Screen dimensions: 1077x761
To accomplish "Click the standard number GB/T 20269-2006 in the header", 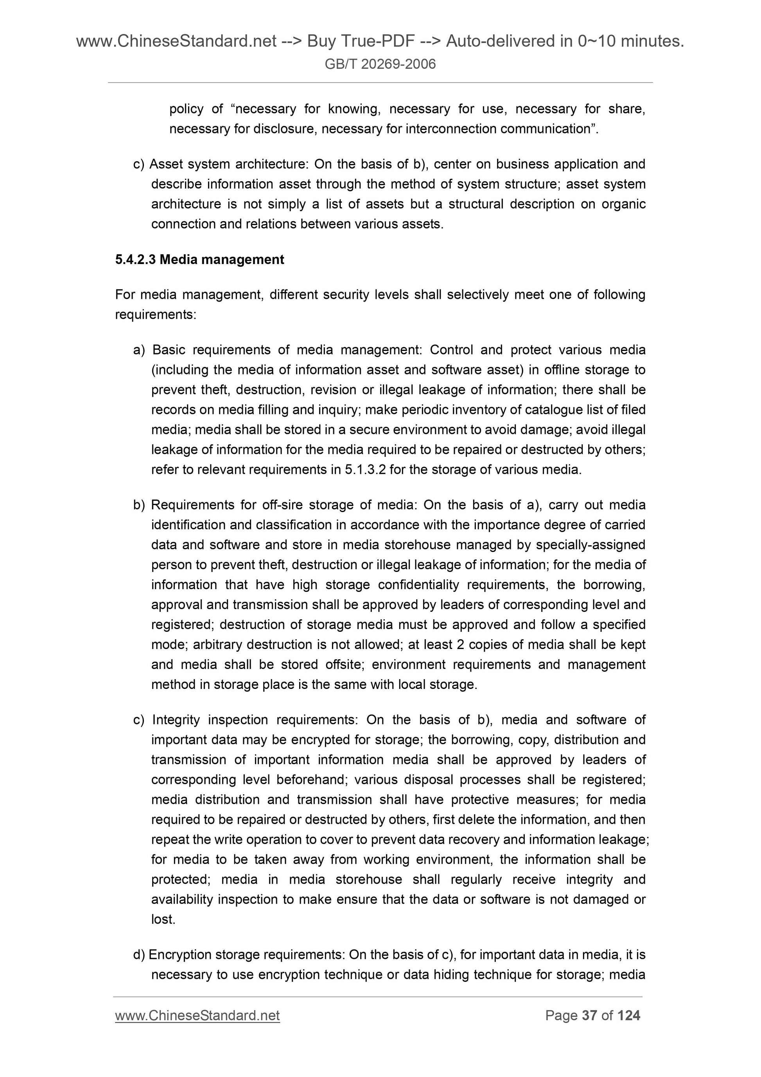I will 380,64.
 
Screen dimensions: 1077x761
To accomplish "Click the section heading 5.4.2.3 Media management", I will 199,259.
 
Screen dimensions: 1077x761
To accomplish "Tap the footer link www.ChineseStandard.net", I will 197,1016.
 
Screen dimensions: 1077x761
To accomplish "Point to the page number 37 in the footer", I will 589,1016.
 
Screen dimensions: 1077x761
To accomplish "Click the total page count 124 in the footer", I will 628,1016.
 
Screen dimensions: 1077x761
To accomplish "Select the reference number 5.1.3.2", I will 365,469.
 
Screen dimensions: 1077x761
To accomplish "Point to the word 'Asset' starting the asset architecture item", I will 162,164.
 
